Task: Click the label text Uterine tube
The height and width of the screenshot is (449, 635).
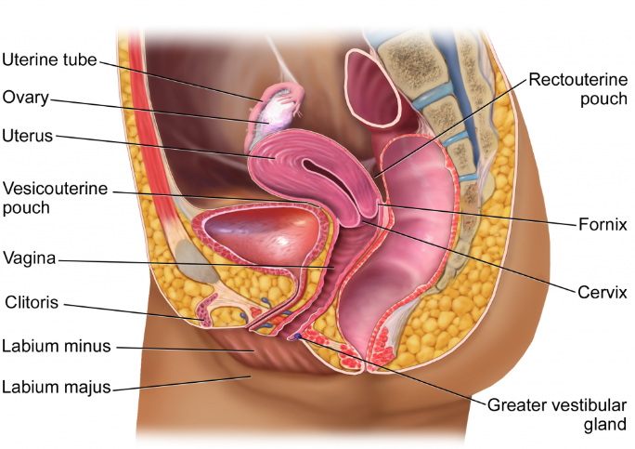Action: (x=47, y=62)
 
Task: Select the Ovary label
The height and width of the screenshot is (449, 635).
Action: (x=25, y=97)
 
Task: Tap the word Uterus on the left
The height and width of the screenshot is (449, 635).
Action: (x=28, y=136)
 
